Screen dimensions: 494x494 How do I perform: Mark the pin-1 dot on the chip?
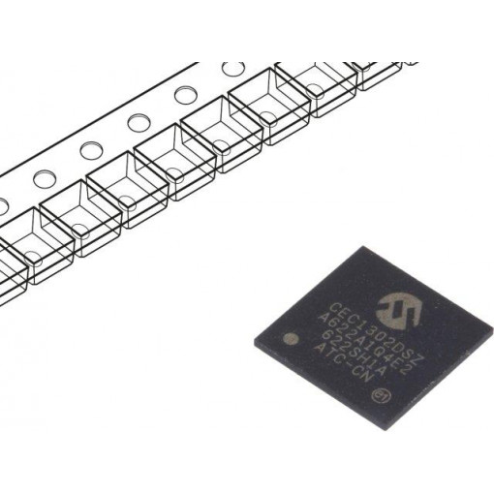click(x=289, y=340)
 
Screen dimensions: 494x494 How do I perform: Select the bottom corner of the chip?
click(x=360, y=436)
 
